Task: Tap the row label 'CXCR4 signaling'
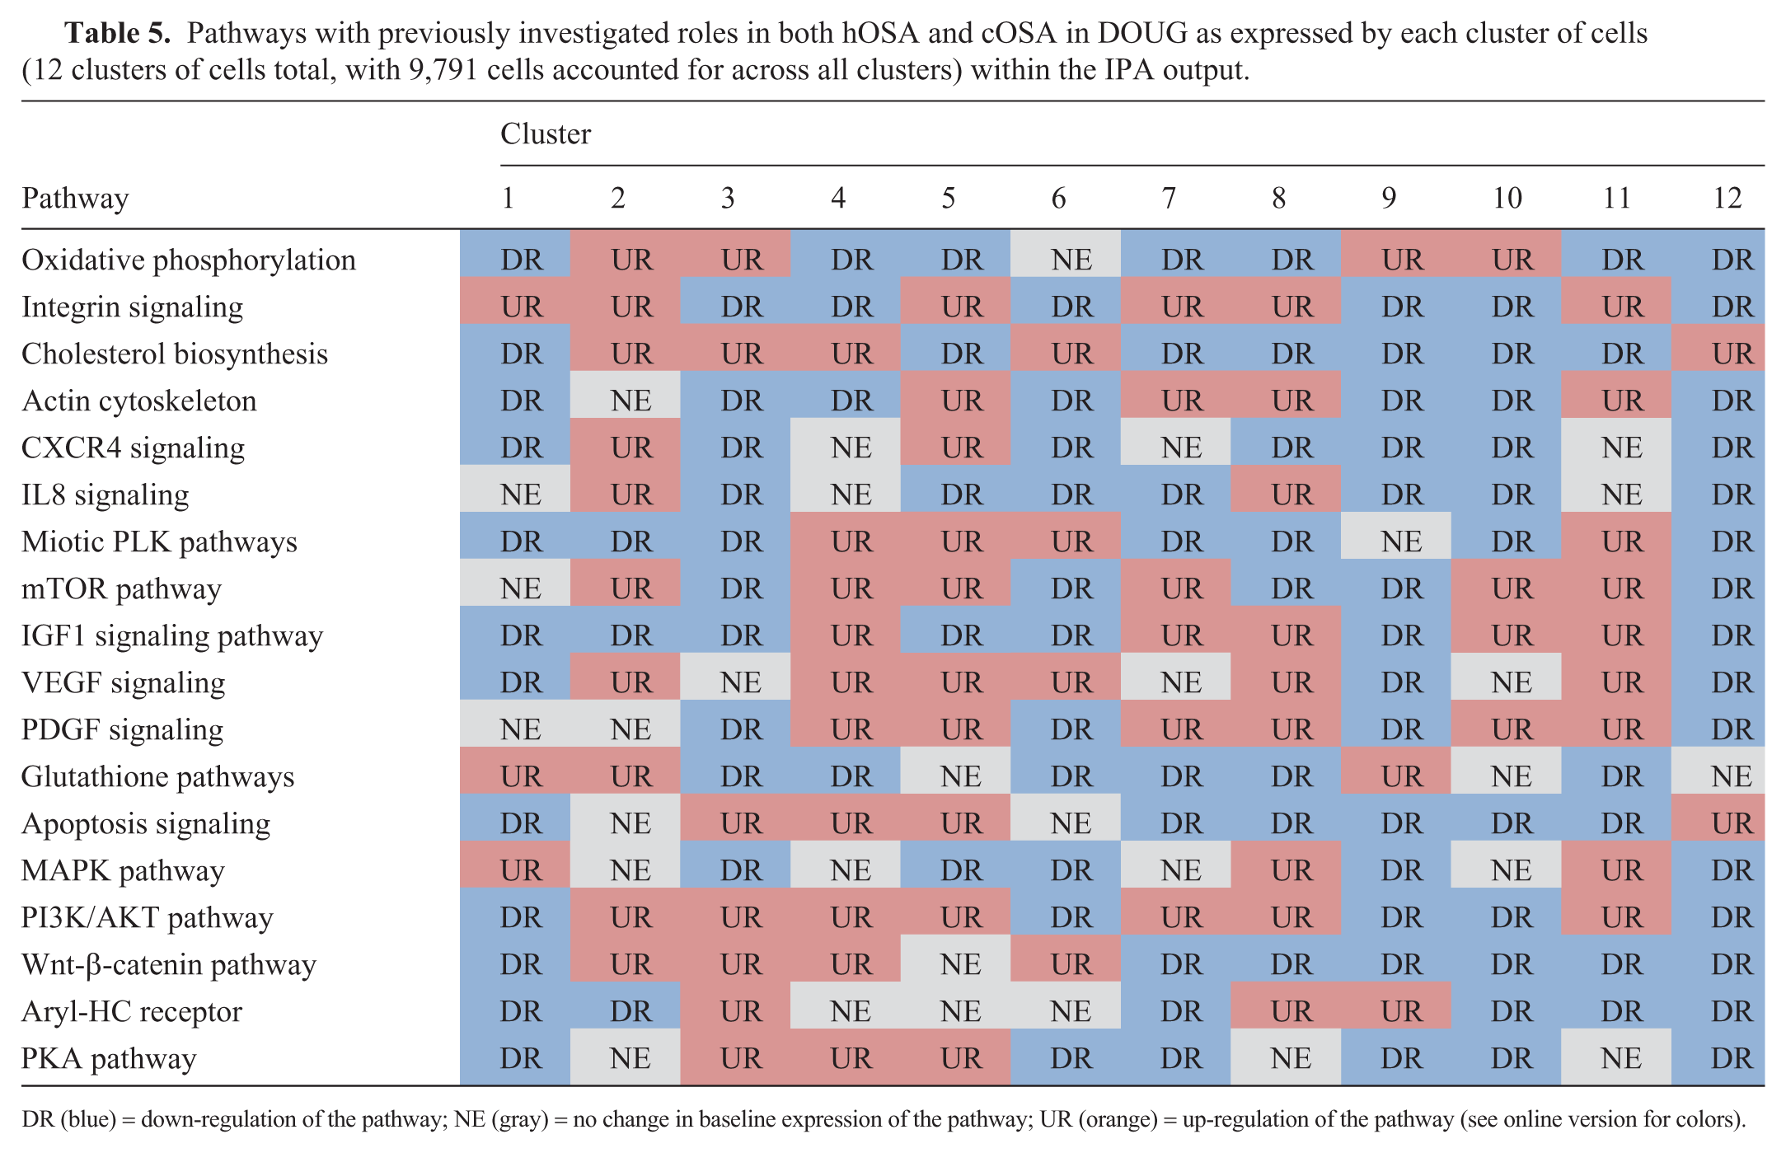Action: pyautogui.click(x=133, y=448)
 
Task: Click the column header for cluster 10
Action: pyautogui.click(x=1507, y=198)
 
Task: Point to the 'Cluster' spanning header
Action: pyautogui.click(x=546, y=134)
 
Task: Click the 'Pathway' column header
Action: pyautogui.click(x=75, y=199)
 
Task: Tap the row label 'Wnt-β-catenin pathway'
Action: pyautogui.click(x=169, y=964)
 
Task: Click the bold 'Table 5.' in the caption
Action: pyautogui.click(x=118, y=33)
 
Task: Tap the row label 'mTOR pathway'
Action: pyautogui.click(x=121, y=589)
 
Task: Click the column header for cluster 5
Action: pyautogui.click(x=949, y=198)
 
